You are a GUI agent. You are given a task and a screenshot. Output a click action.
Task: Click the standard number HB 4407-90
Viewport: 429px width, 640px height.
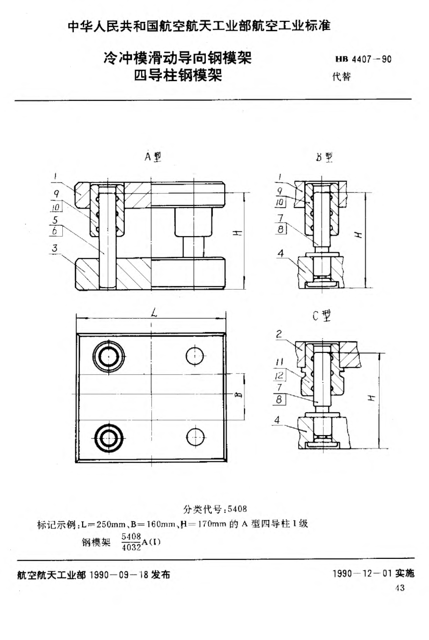point(364,60)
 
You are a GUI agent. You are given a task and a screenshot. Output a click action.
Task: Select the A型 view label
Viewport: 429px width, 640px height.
point(153,157)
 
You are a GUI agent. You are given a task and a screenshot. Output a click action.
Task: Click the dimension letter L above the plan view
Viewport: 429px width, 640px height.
point(154,312)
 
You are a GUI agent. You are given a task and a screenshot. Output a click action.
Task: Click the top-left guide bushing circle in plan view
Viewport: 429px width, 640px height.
point(108,354)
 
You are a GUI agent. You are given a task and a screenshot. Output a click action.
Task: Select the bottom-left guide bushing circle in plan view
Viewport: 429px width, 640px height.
point(108,436)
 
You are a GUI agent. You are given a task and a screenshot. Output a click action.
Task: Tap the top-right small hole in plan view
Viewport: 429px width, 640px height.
point(194,354)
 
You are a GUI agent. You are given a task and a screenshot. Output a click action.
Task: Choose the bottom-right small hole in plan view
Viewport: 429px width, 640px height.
point(194,436)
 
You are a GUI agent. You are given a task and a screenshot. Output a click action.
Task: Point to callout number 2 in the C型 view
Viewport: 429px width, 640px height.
point(279,335)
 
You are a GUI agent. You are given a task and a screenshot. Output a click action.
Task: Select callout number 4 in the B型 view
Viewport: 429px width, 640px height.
point(281,253)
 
